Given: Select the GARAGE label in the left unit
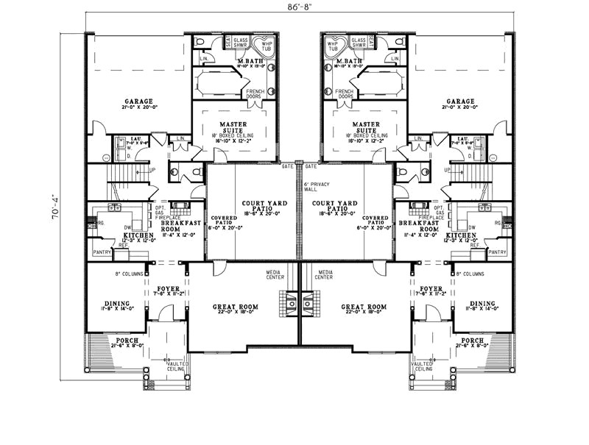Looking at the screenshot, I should point(138,102).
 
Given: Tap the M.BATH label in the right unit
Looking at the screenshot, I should point(349,61).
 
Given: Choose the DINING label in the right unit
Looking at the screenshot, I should point(482,302).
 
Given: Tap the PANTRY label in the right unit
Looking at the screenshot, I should point(498,252).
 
